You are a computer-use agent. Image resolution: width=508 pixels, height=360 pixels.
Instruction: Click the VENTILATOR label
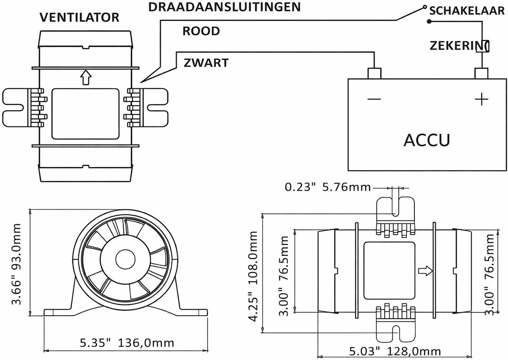click(x=79, y=17)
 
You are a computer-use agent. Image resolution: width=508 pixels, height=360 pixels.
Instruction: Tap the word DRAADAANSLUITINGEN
click(x=225, y=7)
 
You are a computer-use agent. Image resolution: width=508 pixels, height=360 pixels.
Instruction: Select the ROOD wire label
click(x=201, y=31)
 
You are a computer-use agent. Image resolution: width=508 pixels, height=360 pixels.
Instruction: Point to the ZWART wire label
click(x=206, y=63)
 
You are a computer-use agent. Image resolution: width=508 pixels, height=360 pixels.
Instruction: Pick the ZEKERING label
click(x=457, y=45)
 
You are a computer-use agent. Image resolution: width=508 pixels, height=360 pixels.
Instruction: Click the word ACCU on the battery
click(x=426, y=140)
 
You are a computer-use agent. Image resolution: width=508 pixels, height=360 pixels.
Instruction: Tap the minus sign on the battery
click(x=374, y=99)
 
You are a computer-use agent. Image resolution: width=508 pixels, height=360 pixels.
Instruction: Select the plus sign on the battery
click(x=481, y=99)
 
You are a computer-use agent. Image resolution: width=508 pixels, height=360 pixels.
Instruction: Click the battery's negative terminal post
click(x=374, y=73)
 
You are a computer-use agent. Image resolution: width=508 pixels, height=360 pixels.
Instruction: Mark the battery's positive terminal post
click(x=481, y=73)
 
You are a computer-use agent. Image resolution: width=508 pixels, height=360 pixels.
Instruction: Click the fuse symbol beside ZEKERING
click(x=482, y=46)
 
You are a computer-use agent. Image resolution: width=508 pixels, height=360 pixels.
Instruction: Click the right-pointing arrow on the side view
click(x=425, y=270)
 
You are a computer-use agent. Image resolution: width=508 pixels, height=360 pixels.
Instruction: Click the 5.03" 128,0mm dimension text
click(x=395, y=351)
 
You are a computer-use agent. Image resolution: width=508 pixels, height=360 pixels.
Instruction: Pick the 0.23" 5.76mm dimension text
click(x=328, y=187)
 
